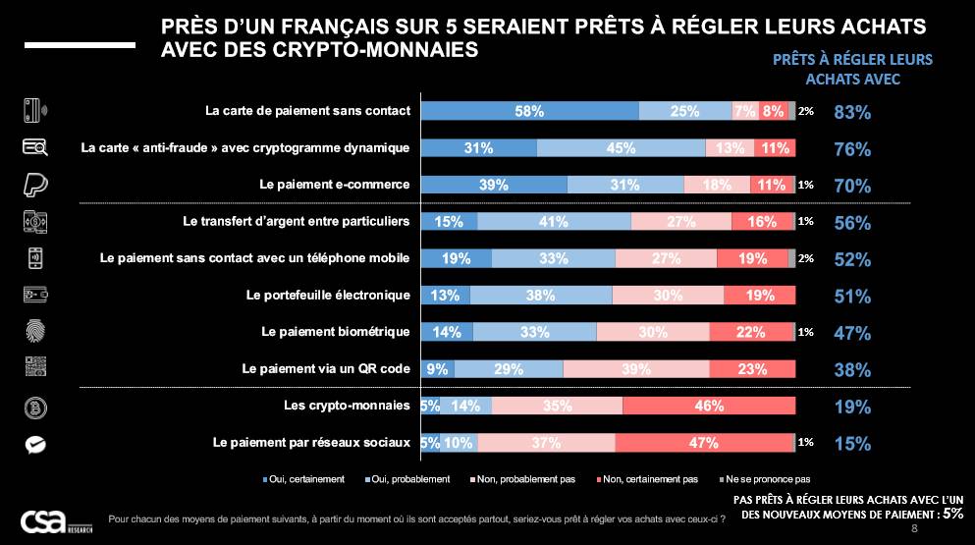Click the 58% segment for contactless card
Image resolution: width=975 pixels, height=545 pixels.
[529, 111]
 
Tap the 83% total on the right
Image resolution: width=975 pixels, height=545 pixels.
[851, 112]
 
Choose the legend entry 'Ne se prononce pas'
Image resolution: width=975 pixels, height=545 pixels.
[767, 480]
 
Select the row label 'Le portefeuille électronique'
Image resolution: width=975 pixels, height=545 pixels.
[328, 295]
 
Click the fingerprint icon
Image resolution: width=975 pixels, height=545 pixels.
[35, 332]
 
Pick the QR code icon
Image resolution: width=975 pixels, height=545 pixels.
[35, 369]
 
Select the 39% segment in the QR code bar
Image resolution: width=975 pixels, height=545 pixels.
[635, 369]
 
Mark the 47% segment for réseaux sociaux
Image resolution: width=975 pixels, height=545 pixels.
[703, 443]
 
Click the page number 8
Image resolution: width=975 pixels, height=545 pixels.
[915, 529]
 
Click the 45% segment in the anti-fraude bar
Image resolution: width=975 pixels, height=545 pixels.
[621, 148]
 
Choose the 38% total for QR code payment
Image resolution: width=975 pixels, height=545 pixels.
[851, 370]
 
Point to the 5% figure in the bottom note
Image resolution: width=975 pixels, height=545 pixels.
[952, 513]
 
